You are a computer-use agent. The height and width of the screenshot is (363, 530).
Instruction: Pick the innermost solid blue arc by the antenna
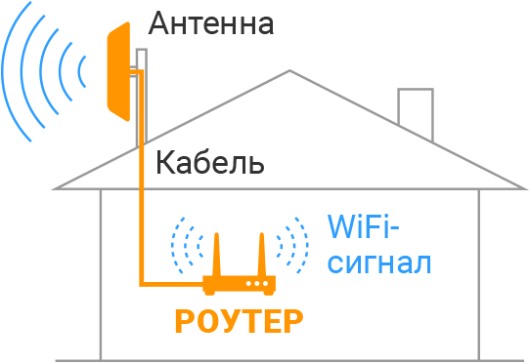click(x=81, y=71)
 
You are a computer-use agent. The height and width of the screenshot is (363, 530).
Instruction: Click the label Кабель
click(x=209, y=162)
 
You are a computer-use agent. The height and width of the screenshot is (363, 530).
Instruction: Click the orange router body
click(x=240, y=285)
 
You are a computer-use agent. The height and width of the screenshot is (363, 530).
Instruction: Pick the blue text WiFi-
click(x=362, y=229)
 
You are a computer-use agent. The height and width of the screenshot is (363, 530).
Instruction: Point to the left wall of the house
click(x=102, y=273)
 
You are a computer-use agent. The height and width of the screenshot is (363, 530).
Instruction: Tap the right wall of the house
click(x=479, y=273)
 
